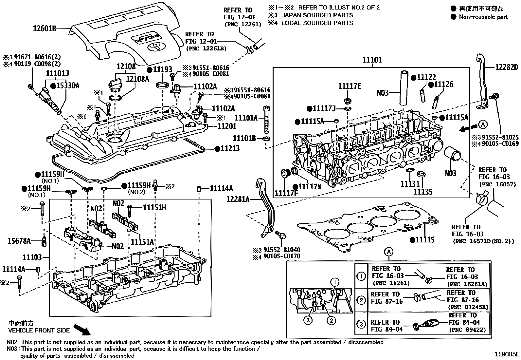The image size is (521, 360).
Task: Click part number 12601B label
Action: (45, 28)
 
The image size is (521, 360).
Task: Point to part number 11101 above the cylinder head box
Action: (372, 60)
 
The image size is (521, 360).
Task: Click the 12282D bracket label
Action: (506, 67)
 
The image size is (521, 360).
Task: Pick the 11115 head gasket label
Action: (425, 240)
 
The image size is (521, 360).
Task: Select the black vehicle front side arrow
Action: (82, 329)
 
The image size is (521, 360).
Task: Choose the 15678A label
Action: (19, 241)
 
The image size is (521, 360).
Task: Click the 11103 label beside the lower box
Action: (32, 258)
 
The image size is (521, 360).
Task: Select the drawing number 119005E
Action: (507, 354)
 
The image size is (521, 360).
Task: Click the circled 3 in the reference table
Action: (361, 324)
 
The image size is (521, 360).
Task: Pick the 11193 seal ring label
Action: (163, 69)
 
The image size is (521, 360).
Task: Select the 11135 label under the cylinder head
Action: (423, 192)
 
